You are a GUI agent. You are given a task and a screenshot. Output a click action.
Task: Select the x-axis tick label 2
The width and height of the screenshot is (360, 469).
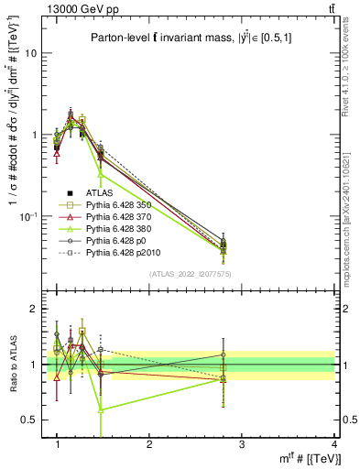pyautogui.click(x=149, y=444)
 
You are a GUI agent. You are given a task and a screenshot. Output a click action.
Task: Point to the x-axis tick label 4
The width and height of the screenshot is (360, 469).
pyautogui.click(x=333, y=444)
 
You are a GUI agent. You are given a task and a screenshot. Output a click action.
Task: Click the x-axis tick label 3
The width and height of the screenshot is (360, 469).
pyautogui.click(x=242, y=444)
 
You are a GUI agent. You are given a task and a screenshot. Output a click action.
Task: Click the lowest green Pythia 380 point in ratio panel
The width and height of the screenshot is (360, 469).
pyautogui.click(x=101, y=409)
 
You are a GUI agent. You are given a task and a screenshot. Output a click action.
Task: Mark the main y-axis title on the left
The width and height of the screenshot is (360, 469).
pyautogui.click(x=14, y=151)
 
